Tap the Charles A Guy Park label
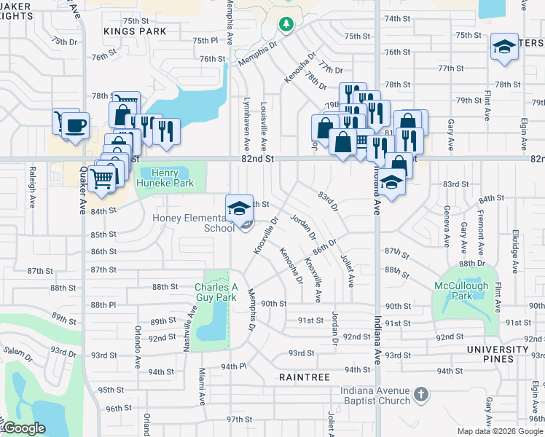[216, 292]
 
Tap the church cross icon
[420, 395]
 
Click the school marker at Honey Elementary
[238, 208]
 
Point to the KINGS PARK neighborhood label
[135, 32]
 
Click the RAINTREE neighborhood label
[305, 377]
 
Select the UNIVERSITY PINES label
[497, 354]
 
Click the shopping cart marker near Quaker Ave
[102, 176]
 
